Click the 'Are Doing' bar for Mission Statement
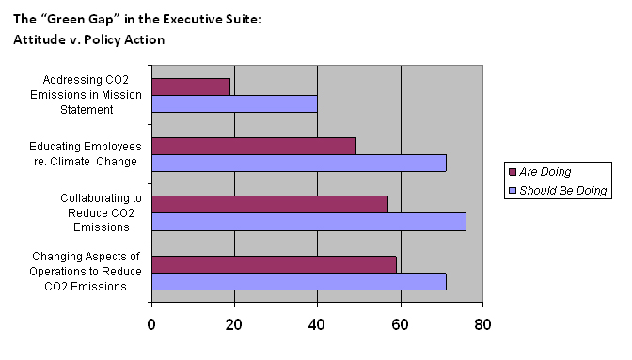(191, 86)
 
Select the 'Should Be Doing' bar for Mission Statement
(234, 103)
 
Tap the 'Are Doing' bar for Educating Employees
(253, 145)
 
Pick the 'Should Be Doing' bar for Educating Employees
(298, 163)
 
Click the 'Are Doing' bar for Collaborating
(269, 204)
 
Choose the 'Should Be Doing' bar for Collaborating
(308, 222)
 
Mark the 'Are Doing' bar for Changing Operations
(274, 263)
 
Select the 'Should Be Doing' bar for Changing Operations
(298, 281)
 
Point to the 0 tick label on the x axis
(151, 326)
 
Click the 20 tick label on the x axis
(234, 326)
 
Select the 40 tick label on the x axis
(318, 326)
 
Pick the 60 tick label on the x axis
(401, 326)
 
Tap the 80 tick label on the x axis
(483, 326)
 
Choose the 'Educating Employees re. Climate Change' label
(86, 154)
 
